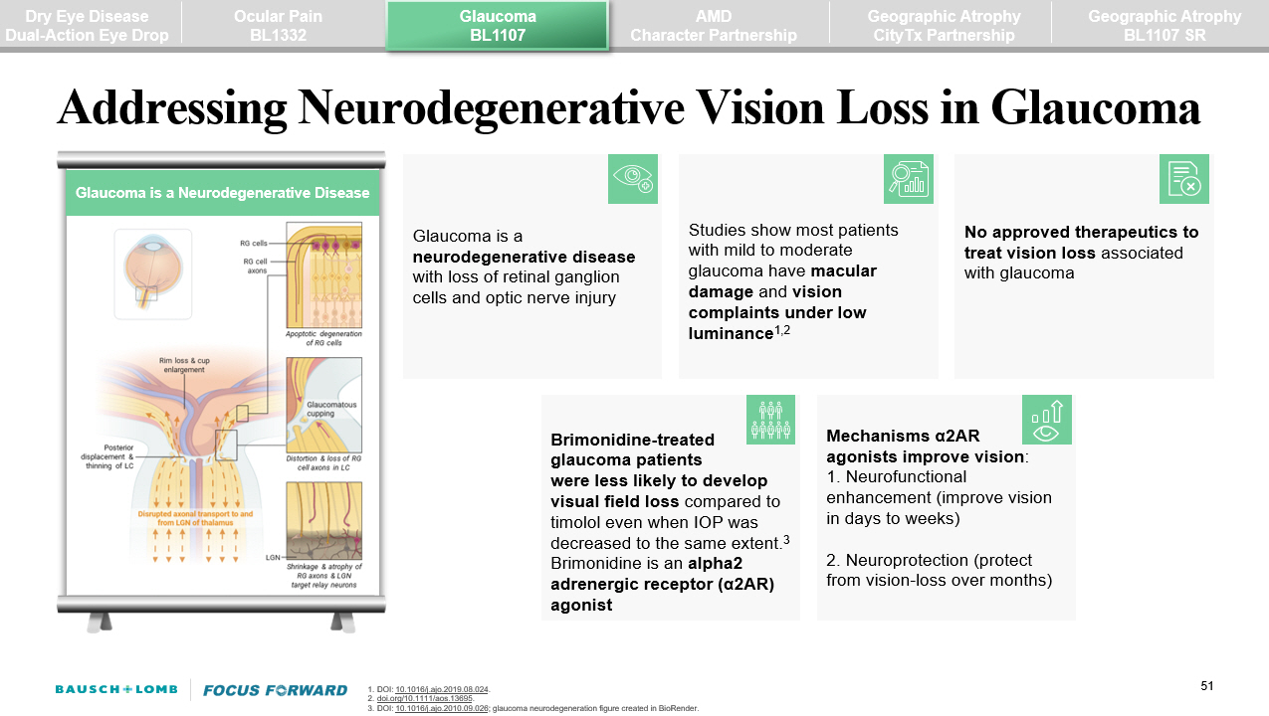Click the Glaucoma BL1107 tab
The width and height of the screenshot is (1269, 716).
pyautogui.click(x=497, y=25)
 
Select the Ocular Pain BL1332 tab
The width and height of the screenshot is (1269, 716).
pyautogui.click(x=278, y=25)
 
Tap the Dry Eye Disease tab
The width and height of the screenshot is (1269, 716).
pyautogui.click(x=87, y=25)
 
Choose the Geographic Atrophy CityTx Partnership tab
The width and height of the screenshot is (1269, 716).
pyautogui.click(x=943, y=25)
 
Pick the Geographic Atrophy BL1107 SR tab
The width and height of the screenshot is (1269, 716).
pyautogui.click(x=1163, y=25)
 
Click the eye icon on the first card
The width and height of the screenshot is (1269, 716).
pyautogui.click(x=633, y=179)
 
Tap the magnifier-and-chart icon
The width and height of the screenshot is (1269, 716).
pyautogui.click(x=908, y=179)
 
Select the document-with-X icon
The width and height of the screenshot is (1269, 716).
pyautogui.click(x=1183, y=179)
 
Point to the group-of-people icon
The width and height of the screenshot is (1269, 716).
pyautogui.click(x=770, y=420)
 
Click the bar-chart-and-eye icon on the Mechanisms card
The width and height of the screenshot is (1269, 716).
pyautogui.click(x=1046, y=420)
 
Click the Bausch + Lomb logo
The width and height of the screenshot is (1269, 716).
pyautogui.click(x=116, y=689)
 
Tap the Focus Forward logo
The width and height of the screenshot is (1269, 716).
pyautogui.click(x=275, y=689)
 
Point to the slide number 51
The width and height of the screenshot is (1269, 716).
pyautogui.click(x=1208, y=686)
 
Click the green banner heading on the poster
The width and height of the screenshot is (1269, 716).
pyautogui.click(x=222, y=193)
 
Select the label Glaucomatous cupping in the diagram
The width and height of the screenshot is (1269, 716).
pyautogui.click(x=331, y=410)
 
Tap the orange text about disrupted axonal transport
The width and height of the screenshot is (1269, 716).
pyautogui.click(x=196, y=519)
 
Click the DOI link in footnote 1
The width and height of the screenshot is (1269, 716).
pyautogui.click(x=442, y=689)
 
